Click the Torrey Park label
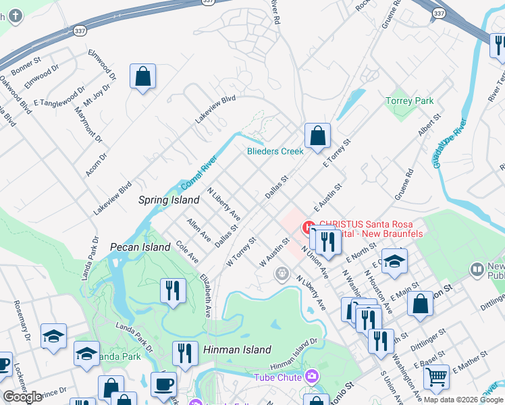[409, 101]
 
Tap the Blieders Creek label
[275, 151]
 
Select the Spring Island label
[169, 200]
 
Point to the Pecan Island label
[140, 247]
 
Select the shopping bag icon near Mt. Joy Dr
[143, 77]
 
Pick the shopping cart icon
[437, 375]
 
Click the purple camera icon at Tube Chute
[311, 375]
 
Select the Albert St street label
[430, 125]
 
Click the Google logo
[22, 397]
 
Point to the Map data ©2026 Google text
[463, 400]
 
